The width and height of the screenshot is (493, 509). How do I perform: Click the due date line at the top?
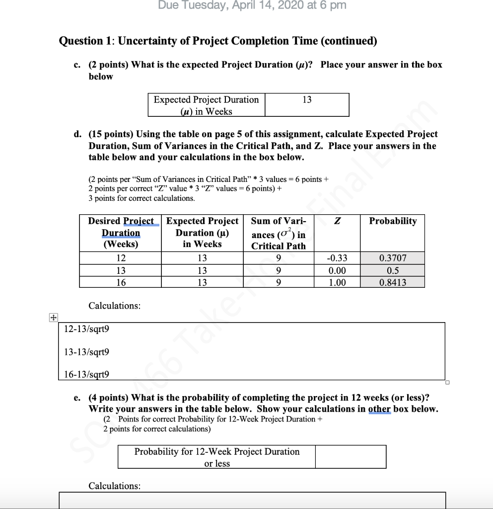click(x=252, y=5)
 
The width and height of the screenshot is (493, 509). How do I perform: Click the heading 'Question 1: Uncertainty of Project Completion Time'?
click(x=218, y=41)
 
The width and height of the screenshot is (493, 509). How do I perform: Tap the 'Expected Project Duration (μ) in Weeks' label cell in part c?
click(x=206, y=105)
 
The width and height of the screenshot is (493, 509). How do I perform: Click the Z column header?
click(x=337, y=221)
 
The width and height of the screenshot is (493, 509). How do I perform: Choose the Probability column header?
click(x=392, y=221)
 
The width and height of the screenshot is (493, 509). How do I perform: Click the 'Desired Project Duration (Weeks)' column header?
click(x=121, y=233)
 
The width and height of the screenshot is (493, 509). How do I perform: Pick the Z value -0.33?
click(x=337, y=258)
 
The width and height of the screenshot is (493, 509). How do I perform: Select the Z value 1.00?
click(x=337, y=282)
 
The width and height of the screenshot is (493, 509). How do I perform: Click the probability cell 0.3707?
click(x=392, y=258)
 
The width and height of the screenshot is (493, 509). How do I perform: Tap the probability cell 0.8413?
click(x=392, y=282)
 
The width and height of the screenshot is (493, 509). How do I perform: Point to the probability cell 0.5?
click(x=392, y=270)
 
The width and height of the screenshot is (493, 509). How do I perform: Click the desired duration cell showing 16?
click(x=121, y=282)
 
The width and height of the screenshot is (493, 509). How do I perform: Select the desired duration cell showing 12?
click(x=121, y=258)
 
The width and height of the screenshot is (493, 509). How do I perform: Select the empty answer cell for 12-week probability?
click(x=351, y=457)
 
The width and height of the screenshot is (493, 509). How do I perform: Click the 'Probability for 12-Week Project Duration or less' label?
click(x=217, y=457)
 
